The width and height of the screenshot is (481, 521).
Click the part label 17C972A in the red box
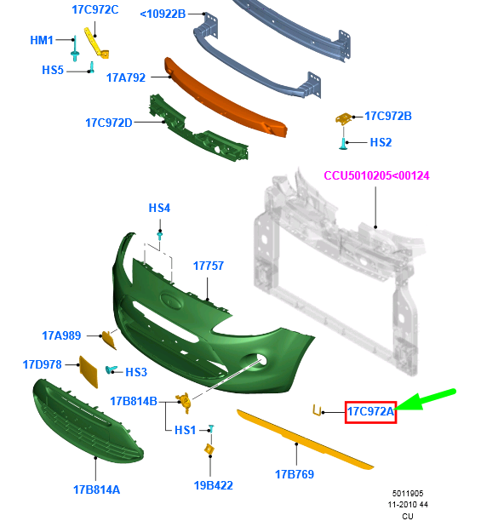point(370,412)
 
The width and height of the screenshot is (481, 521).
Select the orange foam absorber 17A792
point(226,98)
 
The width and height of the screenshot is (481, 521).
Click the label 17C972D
point(109,123)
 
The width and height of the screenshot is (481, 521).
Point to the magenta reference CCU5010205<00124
point(376,175)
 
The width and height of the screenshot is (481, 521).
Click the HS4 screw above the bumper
point(160,236)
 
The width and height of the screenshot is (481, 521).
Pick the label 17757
point(209,266)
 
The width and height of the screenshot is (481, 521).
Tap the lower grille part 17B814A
point(88,421)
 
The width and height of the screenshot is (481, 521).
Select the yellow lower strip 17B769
point(305,439)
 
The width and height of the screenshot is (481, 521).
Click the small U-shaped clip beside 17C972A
point(317,410)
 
